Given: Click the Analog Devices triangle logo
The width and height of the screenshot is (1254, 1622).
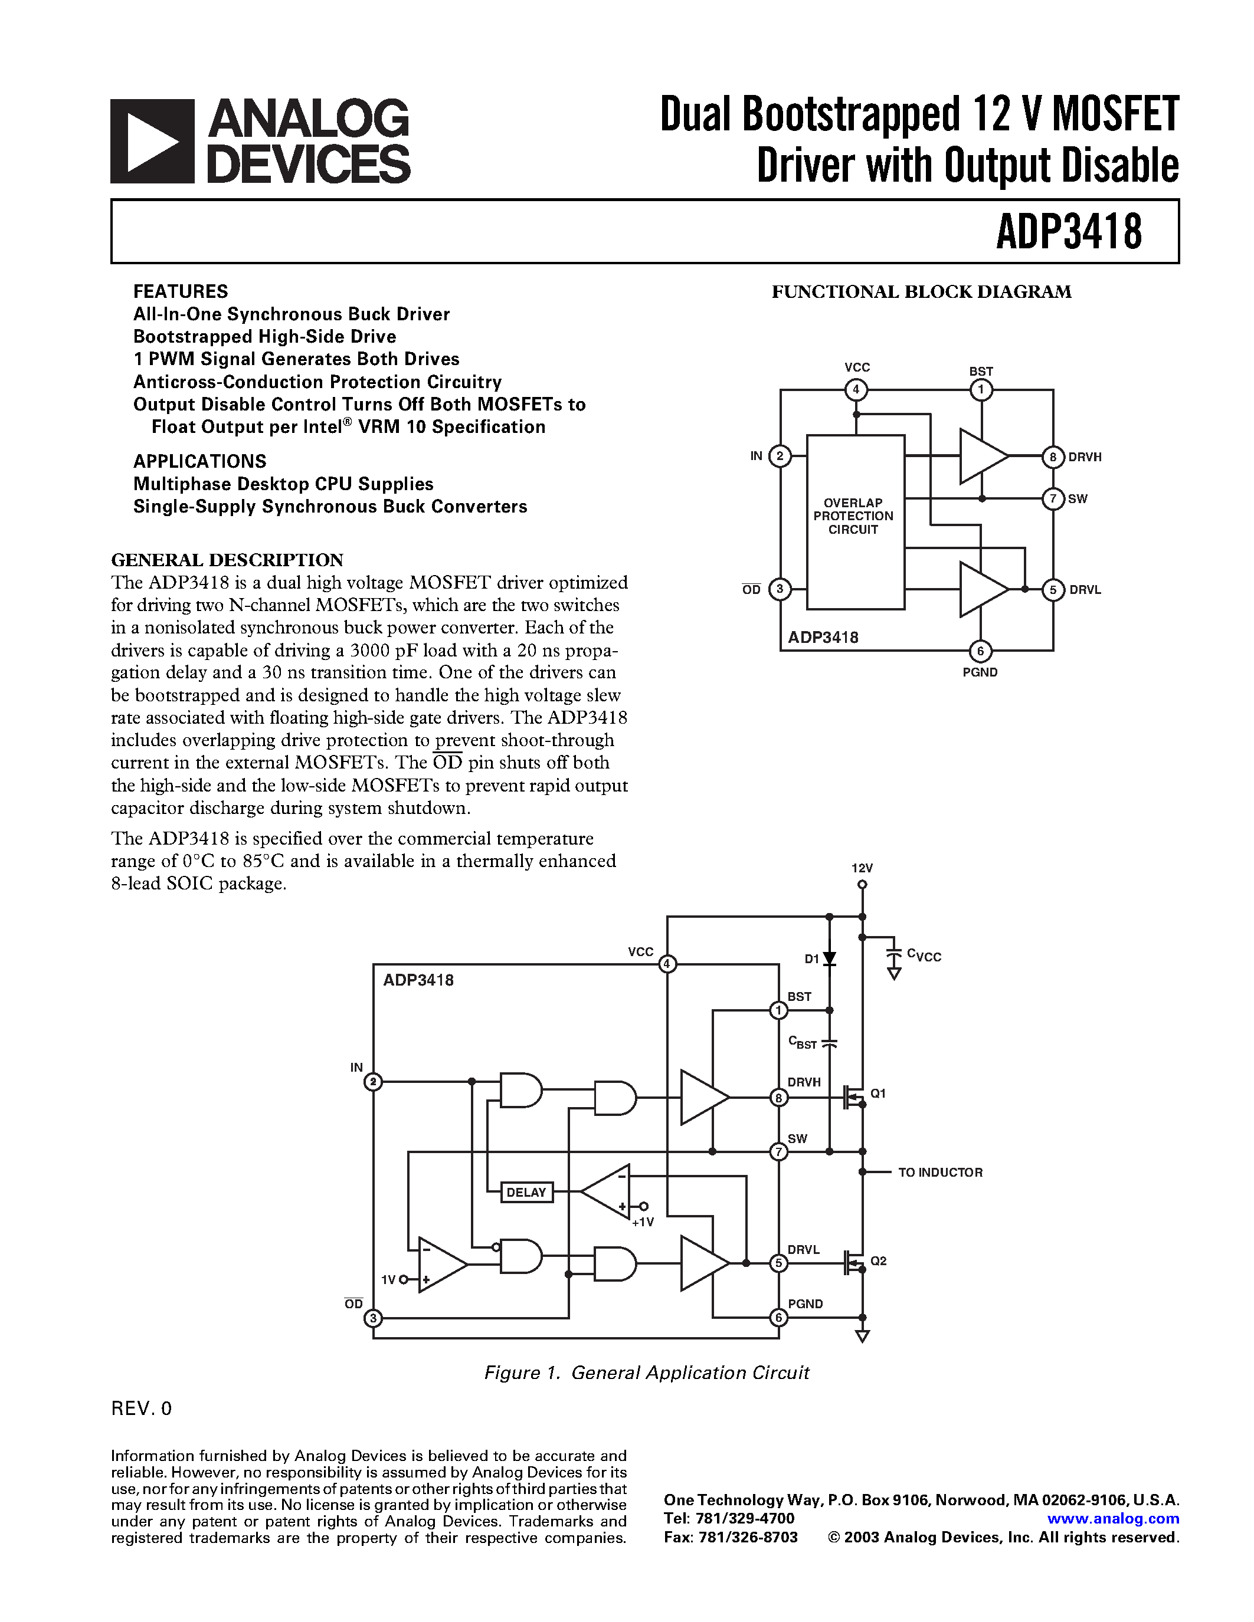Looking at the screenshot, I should point(152,141).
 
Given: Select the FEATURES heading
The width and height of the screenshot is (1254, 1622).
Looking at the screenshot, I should point(181,291).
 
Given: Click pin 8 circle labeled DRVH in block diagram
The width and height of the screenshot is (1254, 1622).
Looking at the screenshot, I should point(1053,457).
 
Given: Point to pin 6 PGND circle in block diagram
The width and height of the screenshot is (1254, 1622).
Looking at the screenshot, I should point(980,651).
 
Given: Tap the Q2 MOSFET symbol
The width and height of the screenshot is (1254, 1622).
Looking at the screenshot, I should point(853,1263).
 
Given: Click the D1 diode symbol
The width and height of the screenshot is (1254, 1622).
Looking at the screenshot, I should point(830,959).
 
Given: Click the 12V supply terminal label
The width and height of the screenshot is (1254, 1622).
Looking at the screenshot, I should point(862,868).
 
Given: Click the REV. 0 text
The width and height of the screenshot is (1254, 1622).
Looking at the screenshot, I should point(141,1408).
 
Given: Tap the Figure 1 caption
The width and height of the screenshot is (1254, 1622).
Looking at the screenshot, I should point(646,1373).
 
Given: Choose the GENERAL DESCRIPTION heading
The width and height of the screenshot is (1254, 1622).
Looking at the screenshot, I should point(227,559).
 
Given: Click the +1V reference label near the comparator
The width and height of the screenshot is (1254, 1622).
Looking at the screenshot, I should point(643,1222).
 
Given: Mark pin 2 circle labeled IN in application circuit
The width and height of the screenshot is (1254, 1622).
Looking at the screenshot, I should point(373,1082).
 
